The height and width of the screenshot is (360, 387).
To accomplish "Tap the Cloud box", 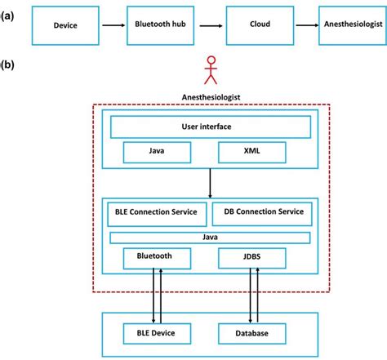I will pos(260,26).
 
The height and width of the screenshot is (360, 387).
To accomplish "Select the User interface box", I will pos(211,127).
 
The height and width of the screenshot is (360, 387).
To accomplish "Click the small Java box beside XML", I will pos(157,153).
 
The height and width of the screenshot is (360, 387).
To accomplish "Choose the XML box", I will pos(253,153).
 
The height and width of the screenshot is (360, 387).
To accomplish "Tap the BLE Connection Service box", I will pos(157,212).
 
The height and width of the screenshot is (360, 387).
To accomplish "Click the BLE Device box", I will pos(157,332).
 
